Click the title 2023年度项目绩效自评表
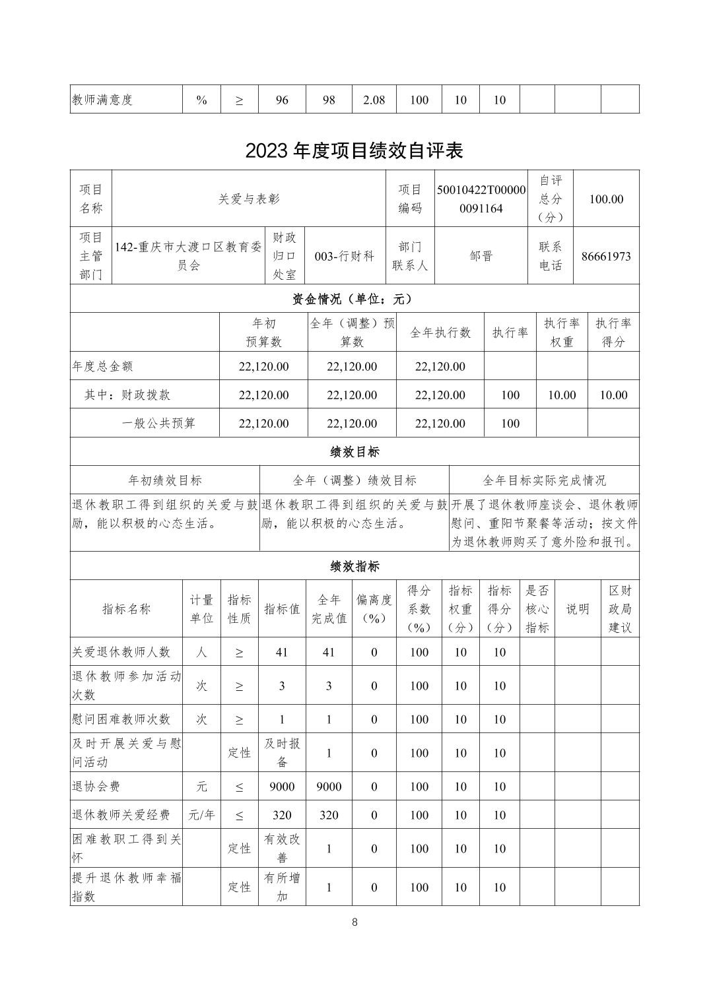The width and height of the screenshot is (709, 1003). click(354, 151)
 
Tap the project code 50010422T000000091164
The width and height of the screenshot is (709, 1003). click(481, 199)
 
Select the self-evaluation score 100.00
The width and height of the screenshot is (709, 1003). click(606, 199)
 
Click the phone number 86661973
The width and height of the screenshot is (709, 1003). click(606, 256)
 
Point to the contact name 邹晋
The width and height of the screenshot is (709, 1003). click(481, 256)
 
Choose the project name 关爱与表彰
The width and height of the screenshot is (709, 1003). click(249, 199)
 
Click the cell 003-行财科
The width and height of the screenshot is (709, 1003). click(345, 256)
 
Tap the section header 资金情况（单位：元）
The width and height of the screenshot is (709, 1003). click(354, 299)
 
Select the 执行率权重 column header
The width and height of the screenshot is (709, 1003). click(561, 332)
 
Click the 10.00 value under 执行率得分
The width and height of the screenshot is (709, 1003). click(613, 395)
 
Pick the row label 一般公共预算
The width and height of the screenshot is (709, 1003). click(158, 423)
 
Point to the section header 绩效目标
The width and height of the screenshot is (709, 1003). click(354, 452)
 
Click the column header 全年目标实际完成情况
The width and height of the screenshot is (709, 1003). click(544, 480)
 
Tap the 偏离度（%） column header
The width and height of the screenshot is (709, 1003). click(374, 608)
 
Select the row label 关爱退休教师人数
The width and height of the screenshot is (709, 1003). click(121, 652)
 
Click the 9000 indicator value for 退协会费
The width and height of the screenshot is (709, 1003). click(282, 787)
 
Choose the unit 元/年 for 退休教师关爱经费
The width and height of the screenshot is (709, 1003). click(201, 815)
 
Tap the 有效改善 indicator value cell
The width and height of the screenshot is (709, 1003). click(282, 848)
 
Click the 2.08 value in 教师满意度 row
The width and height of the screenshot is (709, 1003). click(374, 100)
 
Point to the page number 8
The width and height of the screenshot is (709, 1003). click(355, 922)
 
